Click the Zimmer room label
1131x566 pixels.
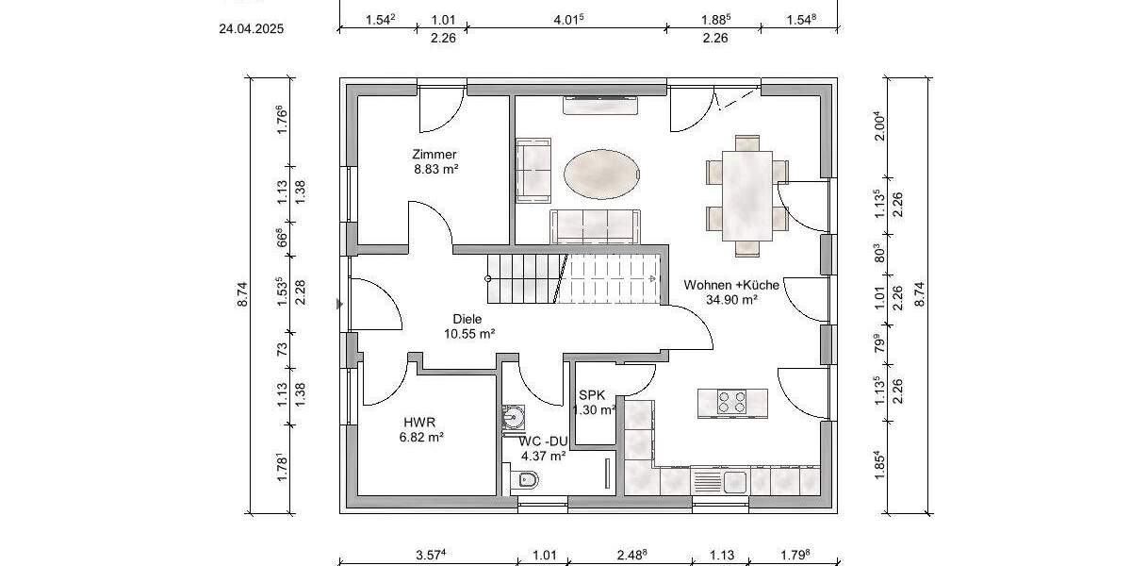(x=434, y=155)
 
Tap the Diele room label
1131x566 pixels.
(x=467, y=319)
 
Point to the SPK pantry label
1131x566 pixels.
(x=592, y=395)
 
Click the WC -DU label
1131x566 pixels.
(x=543, y=441)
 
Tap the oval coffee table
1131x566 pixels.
(x=604, y=174)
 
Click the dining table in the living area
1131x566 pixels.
(x=747, y=195)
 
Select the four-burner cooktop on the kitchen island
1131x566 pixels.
(x=732, y=402)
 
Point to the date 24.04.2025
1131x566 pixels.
(x=251, y=28)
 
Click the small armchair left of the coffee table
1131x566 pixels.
(x=533, y=170)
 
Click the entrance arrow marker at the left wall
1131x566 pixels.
(x=339, y=304)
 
